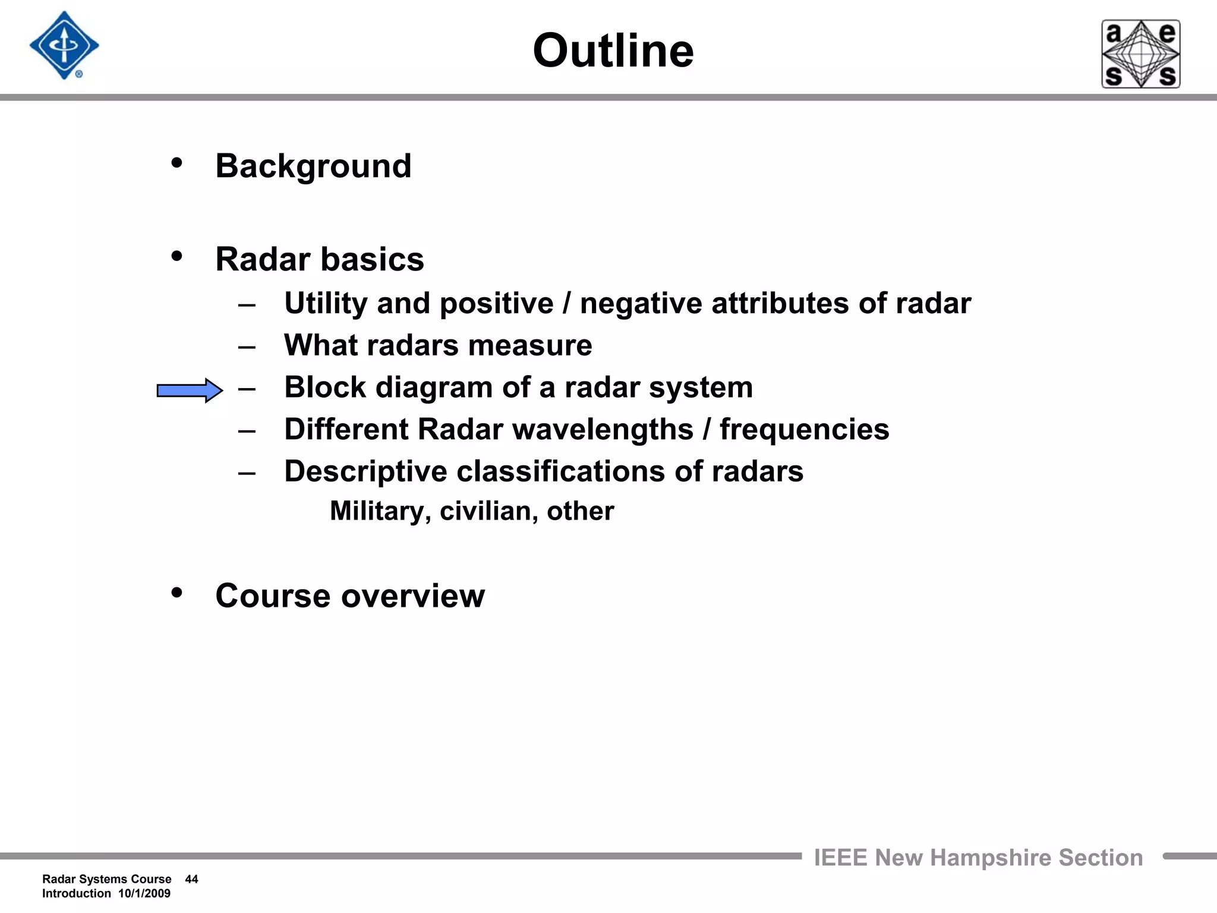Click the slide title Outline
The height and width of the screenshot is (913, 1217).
[613, 51]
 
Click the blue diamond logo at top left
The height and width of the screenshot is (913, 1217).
[64, 46]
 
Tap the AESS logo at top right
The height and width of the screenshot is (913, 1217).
[1140, 54]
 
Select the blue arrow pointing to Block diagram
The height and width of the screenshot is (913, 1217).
[190, 391]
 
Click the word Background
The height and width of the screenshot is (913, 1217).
[313, 166]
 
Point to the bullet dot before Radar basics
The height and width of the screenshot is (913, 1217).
[176, 257]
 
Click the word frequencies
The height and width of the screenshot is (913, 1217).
[804, 430]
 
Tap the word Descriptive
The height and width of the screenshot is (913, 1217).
[365, 472]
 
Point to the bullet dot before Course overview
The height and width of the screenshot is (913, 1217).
[176, 593]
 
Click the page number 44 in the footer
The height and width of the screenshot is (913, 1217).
[191, 879]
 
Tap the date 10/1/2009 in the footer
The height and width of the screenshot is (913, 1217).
[144, 893]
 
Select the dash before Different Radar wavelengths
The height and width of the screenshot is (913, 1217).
[247, 430]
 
